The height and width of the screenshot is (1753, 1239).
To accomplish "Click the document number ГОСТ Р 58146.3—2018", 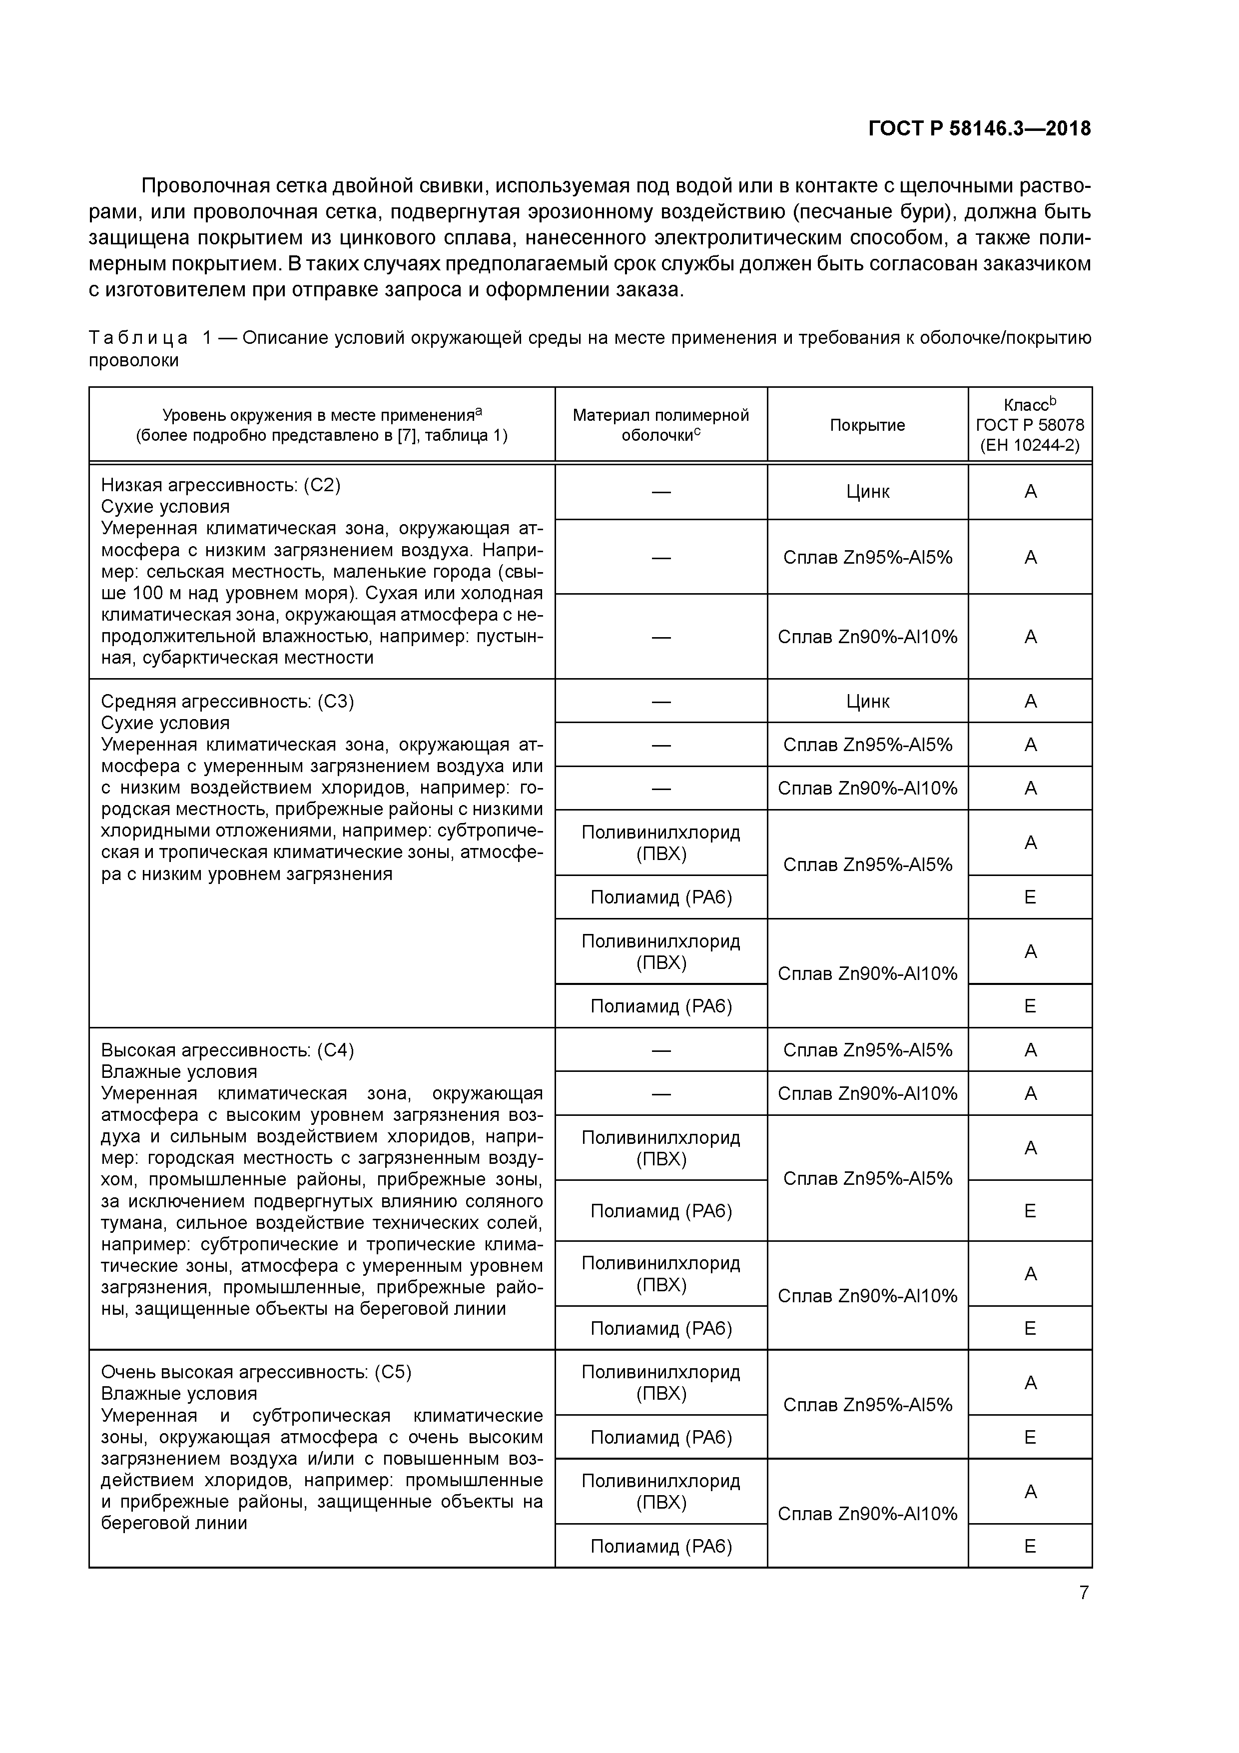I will click(979, 129).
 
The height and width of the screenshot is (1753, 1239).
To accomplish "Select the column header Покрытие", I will click(867, 425).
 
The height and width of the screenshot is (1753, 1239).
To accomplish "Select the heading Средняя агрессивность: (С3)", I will click(227, 701).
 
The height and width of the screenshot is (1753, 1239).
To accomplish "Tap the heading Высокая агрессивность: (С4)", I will click(227, 1050).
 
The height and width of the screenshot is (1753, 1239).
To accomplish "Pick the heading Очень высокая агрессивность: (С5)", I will click(256, 1372).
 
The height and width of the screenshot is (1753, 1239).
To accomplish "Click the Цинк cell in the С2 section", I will click(867, 492).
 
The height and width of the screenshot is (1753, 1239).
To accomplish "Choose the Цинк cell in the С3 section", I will click(867, 701).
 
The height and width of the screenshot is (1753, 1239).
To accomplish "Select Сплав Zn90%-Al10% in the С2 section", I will click(867, 637).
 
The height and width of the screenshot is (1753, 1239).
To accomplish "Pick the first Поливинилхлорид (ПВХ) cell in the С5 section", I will click(661, 1383).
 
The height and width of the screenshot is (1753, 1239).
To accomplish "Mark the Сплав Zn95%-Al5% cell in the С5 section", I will click(867, 1405).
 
